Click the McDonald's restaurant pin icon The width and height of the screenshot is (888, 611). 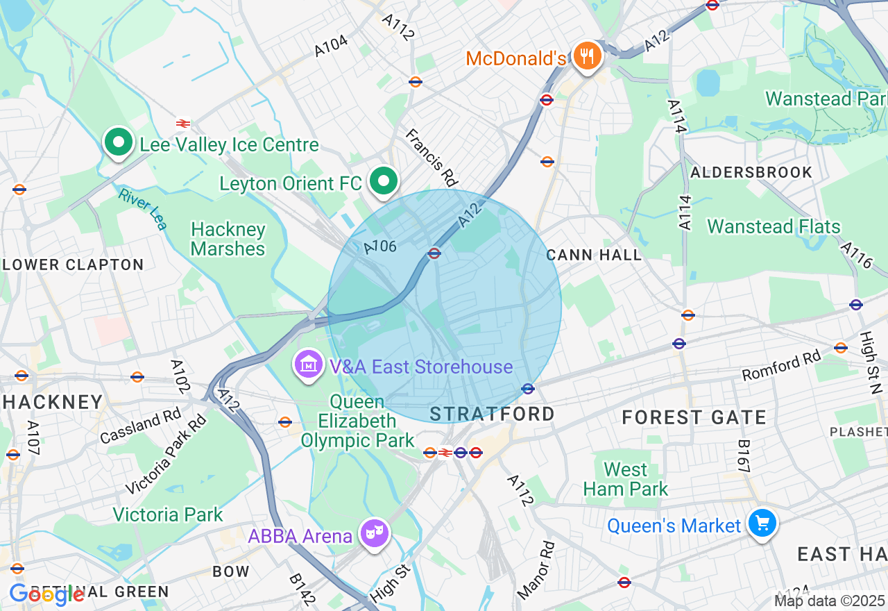pos(588,56)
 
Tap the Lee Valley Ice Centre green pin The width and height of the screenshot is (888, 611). pos(119,142)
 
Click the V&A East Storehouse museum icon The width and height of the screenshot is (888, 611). pos(309,365)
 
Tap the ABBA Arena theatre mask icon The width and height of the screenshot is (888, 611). pos(375,533)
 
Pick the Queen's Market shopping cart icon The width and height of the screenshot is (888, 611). pos(762,523)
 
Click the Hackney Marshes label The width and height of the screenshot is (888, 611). pos(228,239)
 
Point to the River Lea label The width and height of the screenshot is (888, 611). pos(142,209)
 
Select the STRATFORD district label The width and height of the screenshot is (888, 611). pos(493,415)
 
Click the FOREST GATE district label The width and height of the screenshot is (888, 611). pos(694,417)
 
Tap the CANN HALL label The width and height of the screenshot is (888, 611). pos(594,255)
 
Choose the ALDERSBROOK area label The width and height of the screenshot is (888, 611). pos(752,172)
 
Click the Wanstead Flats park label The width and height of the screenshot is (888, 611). pos(774,226)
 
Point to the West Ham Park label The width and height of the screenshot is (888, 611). pos(626,479)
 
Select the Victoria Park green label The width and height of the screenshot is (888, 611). pos(168,514)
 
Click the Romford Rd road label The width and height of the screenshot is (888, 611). pos(781,365)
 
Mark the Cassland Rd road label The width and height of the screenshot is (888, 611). pos(140,426)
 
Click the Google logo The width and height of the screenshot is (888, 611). pos(46,594)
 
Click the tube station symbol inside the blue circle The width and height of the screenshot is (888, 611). pos(434,253)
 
